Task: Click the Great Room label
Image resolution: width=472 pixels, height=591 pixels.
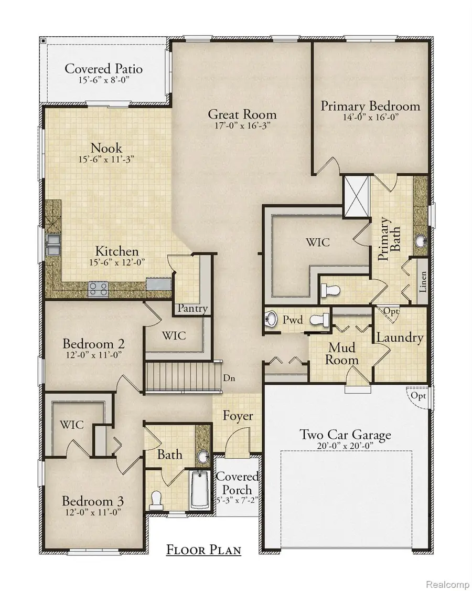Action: point(242,114)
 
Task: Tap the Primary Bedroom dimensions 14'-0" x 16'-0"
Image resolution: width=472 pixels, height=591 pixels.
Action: point(370,119)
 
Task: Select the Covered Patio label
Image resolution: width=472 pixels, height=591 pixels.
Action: point(104,69)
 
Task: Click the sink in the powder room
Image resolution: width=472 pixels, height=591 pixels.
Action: point(272,319)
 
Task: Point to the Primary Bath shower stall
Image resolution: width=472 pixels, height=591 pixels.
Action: point(356,195)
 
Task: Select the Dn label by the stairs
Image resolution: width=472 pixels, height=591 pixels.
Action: point(228,377)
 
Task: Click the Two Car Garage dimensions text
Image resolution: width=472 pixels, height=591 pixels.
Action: point(345,447)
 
